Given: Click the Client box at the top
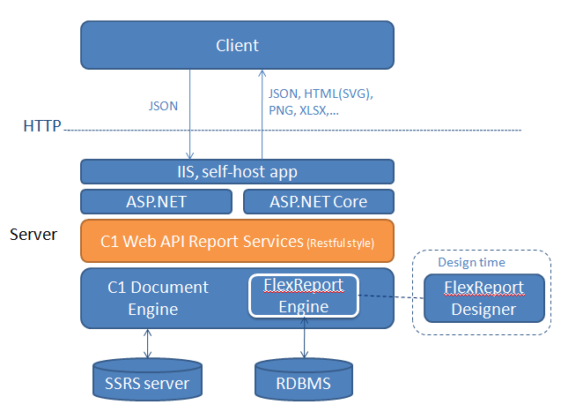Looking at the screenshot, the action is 237,45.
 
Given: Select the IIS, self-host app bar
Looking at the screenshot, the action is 237,172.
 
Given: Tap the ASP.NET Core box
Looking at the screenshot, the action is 319,202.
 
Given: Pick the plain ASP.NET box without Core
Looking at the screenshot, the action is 157,202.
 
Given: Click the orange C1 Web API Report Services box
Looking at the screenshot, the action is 237,241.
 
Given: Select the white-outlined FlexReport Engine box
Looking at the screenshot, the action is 304,296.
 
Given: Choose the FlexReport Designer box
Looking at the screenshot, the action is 484,298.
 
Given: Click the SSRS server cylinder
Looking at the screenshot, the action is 147,379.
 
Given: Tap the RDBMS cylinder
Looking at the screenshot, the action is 304,379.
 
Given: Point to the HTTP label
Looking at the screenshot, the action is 42,126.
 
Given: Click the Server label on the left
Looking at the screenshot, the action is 33,235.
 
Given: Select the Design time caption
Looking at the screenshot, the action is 471,262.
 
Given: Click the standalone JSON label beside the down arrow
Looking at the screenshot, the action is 163,106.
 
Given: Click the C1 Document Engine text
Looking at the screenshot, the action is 158,298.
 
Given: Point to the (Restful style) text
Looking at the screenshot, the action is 340,243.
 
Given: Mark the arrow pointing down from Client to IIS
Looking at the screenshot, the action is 189,115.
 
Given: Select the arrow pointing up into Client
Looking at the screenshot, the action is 262,115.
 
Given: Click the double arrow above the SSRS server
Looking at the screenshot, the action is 147,343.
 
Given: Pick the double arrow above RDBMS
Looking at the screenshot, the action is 304,338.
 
